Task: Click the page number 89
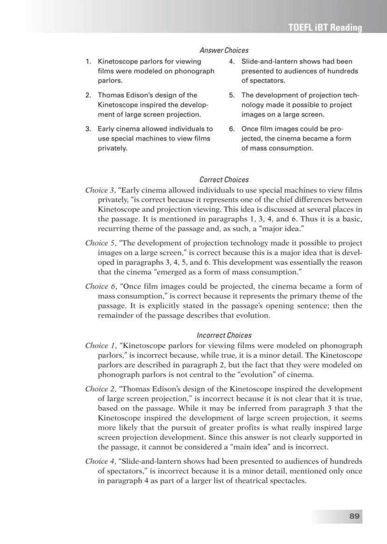(354, 516)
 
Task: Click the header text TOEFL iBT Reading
(325, 28)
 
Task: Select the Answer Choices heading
(224, 50)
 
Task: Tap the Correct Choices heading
(224, 180)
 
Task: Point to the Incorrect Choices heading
(224, 335)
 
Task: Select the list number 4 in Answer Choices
(232, 62)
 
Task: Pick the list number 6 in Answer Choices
(232, 129)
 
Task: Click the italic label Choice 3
(100, 191)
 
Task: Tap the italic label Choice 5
(100, 243)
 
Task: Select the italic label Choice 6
(100, 286)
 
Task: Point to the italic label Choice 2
(100, 389)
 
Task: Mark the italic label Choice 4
(100, 461)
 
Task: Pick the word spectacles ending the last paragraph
(288, 480)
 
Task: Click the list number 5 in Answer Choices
(232, 95)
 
